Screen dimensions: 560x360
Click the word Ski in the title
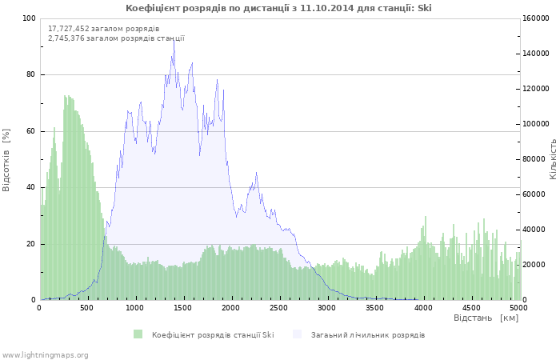(424, 8)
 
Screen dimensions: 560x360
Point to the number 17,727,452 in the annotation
(69, 29)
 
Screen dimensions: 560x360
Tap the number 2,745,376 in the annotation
(66, 38)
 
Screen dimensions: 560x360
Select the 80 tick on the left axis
(31, 74)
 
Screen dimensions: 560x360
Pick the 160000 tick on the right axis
(536, 18)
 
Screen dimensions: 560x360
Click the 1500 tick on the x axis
(183, 308)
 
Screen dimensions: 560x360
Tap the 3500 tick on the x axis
(374, 308)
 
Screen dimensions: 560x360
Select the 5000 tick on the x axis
(518, 308)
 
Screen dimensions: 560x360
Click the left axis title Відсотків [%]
(6, 160)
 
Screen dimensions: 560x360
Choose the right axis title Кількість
(553, 159)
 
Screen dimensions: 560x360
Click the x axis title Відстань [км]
(486, 318)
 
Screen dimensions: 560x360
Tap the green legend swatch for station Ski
(138, 334)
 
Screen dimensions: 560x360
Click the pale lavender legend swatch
(297, 334)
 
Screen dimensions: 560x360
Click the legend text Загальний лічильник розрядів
(368, 335)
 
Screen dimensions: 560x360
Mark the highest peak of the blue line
(174, 40)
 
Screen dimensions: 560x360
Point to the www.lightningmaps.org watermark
(45, 355)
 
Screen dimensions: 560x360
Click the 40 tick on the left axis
(31, 187)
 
